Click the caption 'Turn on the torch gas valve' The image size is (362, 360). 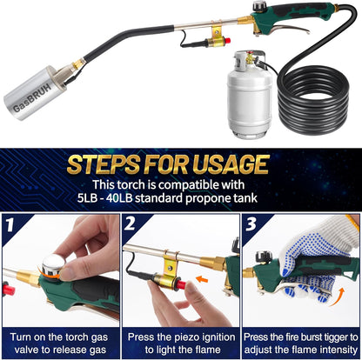pyautogui.click(x=60, y=341)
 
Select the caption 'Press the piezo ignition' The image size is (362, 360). pyautogui.click(x=180, y=341)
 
